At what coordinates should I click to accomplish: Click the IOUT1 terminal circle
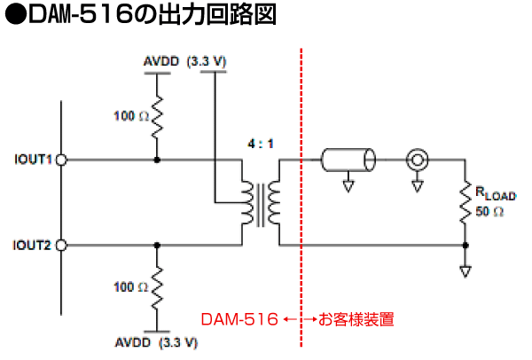(x=61, y=160)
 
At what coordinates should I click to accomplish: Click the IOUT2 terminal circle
(x=61, y=245)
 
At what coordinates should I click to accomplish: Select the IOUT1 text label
(x=33, y=159)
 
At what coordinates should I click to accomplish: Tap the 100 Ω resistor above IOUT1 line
(x=157, y=117)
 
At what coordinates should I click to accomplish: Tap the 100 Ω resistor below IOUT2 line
(x=157, y=287)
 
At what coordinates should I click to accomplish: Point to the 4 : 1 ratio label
(x=261, y=144)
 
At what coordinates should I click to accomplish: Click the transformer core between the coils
(x=260, y=206)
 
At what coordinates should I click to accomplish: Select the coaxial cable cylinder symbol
(x=348, y=160)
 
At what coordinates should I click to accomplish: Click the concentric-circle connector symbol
(x=418, y=160)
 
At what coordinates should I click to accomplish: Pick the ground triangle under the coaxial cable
(x=348, y=186)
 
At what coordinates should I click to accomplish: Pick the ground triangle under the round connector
(x=418, y=186)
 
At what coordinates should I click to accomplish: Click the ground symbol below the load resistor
(x=465, y=272)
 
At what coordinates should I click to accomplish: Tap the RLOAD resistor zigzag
(x=465, y=202)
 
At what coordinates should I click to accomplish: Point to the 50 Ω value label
(x=489, y=212)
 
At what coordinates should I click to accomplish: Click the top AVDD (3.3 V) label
(x=185, y=61)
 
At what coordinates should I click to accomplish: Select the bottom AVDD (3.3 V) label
(x=156, y=342)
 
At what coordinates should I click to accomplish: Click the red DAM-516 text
(x=239, y=319)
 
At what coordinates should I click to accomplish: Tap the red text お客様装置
(x=356, y=319)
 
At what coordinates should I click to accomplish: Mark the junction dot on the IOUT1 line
(x=157, y=160)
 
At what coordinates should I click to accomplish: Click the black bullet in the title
(x=16, y=14)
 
